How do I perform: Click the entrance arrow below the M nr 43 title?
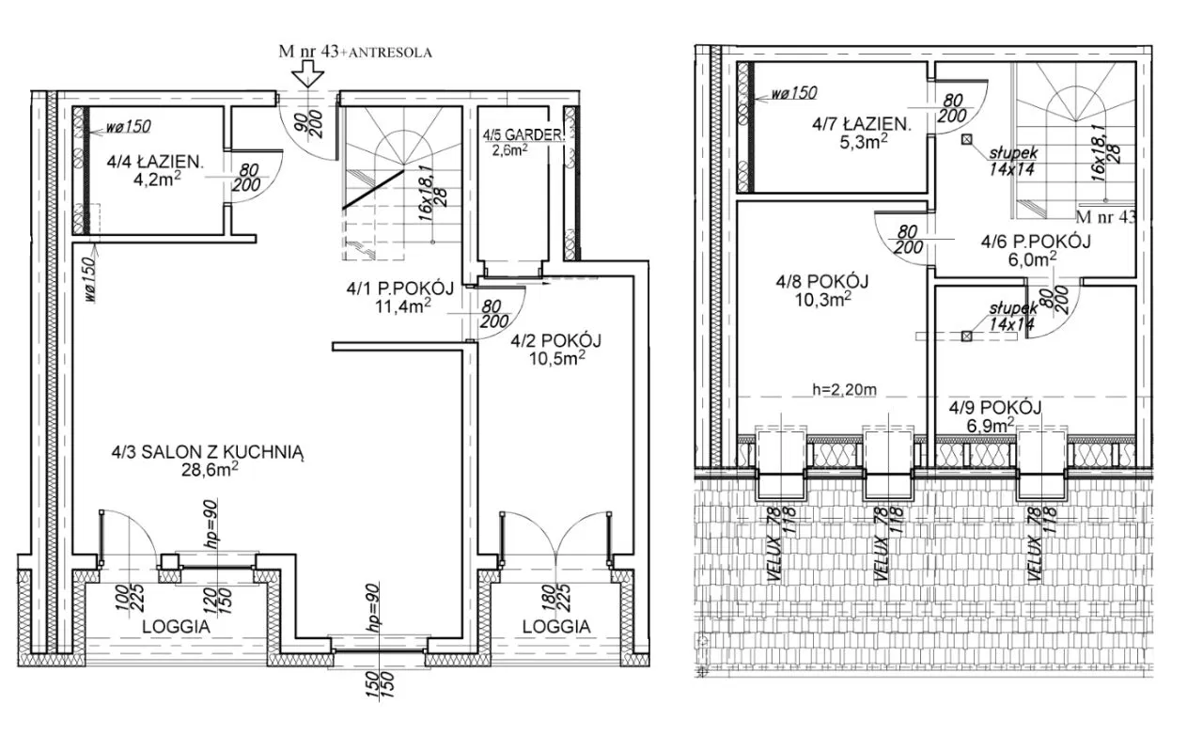tap(307, 73)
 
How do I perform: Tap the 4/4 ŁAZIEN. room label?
tap(155, 161)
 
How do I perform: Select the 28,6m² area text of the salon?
tap(210, 470)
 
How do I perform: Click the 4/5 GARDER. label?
tap(523, 134)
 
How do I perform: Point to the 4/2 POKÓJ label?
tap(555, 340)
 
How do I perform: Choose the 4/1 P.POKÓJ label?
tap(400, 289)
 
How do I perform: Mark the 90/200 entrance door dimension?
tap(309, 124)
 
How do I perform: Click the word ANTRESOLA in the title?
tap(390, 53)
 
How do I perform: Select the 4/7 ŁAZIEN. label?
tap(862, 125)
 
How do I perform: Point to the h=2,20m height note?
tap(844, 389)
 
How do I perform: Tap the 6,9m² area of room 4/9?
tap(991, 426)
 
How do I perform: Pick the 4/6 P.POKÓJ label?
tap(1036, 242)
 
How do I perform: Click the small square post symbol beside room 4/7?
tap(967, 140)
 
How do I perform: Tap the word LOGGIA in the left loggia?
tap(176, 627)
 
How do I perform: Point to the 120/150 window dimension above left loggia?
tap(216, 602)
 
